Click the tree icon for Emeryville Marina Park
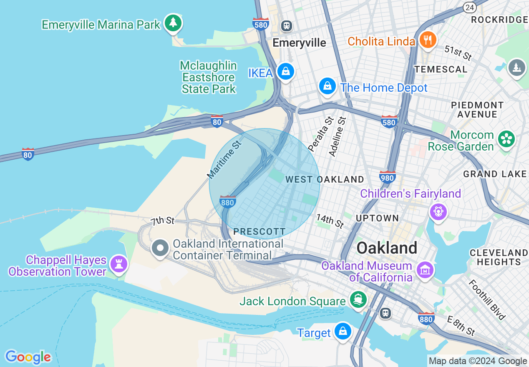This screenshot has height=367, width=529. (x=173, y=23)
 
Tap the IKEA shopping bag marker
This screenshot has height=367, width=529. (x=286, y=72)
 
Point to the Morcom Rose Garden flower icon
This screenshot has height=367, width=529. (x=506, y=139)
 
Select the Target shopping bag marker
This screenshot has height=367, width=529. (x=343, y=332)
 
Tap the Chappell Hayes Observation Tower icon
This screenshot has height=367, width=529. (x=119, y=264)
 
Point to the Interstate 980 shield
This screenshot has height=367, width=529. (x=388, y=177)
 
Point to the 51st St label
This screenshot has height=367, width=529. (x=458, y=53)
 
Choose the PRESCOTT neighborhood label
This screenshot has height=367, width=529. (x=259, y=231)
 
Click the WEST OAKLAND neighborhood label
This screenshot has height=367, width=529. (x=325, y=179)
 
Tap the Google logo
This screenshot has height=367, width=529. (x=28, y=357)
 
